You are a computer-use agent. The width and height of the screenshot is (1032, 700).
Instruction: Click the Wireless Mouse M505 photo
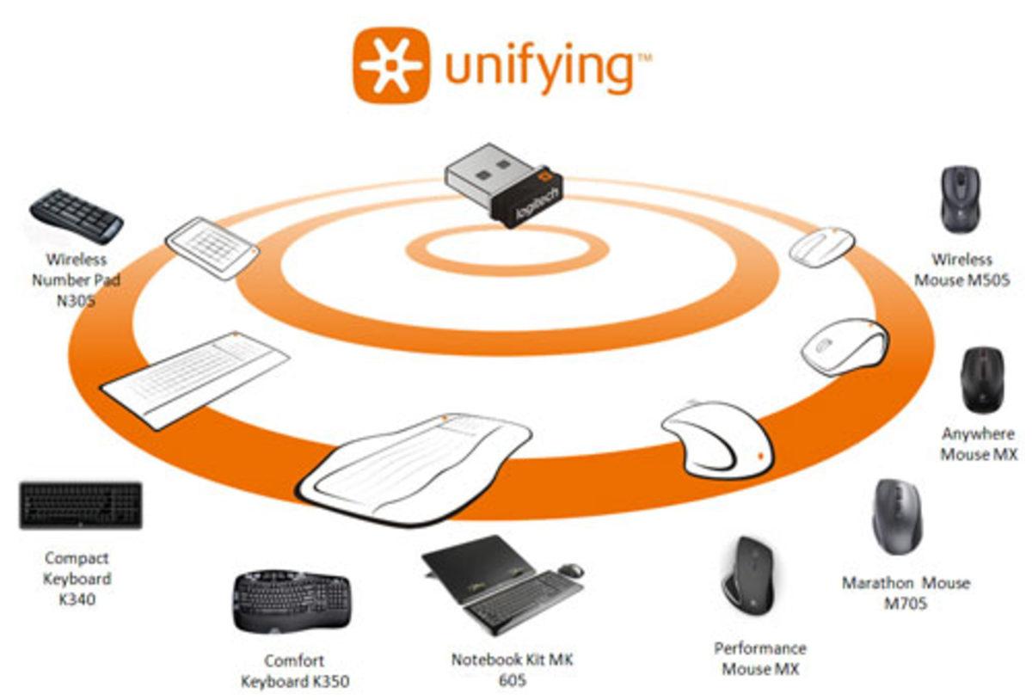tap(960, 199)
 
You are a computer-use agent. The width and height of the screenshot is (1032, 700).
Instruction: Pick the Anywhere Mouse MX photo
tap(981, 378)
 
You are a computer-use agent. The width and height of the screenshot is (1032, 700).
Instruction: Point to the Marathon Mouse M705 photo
tap(897, 517)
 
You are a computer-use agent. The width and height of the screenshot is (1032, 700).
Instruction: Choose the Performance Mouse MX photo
tap(746, 575)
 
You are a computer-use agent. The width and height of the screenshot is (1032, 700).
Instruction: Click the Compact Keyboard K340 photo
tap(81, 505)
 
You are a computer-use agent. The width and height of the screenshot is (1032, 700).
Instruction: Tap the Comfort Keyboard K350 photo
tap(290, 599)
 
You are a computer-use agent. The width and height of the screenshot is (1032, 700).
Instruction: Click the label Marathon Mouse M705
tap(905, 593)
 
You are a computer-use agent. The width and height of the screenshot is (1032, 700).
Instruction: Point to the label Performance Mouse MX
tap(759, 659)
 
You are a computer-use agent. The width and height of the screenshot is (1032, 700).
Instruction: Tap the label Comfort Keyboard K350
tap(294, 672)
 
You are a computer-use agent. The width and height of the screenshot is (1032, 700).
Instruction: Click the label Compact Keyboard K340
tap(77, 579)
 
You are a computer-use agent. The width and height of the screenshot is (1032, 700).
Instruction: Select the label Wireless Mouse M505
tap(961, 270)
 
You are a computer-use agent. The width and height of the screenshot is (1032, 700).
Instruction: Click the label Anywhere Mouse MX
tap(978, 444)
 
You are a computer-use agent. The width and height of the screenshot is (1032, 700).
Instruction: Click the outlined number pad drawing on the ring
tap(212, 248)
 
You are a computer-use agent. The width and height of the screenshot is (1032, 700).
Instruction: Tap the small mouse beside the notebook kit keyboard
tap(570, 569)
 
